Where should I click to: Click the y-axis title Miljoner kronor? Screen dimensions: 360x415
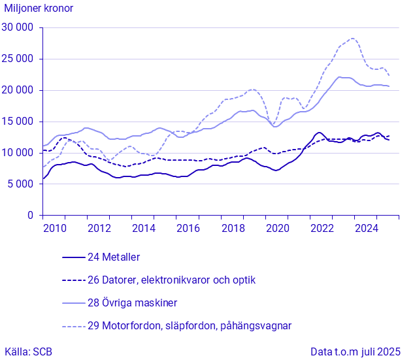[39, 8]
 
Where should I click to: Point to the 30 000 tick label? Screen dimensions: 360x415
[18, 27]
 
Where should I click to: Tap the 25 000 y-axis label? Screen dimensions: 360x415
[18, 59]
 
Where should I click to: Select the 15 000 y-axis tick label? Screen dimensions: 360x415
[18, 122]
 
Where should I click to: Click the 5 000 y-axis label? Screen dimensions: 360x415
[21, 184]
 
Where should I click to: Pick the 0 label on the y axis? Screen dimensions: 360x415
[30, 216]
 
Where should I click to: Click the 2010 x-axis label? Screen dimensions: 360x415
[54, 229]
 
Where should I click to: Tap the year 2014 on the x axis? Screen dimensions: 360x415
[143, 229]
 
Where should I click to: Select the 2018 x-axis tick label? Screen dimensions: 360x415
[232, 229]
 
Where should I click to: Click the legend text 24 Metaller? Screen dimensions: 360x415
[114, 257]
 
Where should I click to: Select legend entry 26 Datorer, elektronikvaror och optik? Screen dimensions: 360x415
[171, 280]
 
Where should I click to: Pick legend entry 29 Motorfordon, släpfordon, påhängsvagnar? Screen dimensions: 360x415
[190, 325]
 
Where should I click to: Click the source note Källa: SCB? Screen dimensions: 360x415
[28, 352]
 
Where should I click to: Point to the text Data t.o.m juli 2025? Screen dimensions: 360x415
[355, 352]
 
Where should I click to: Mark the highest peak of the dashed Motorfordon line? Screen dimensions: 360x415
[352, 39]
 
